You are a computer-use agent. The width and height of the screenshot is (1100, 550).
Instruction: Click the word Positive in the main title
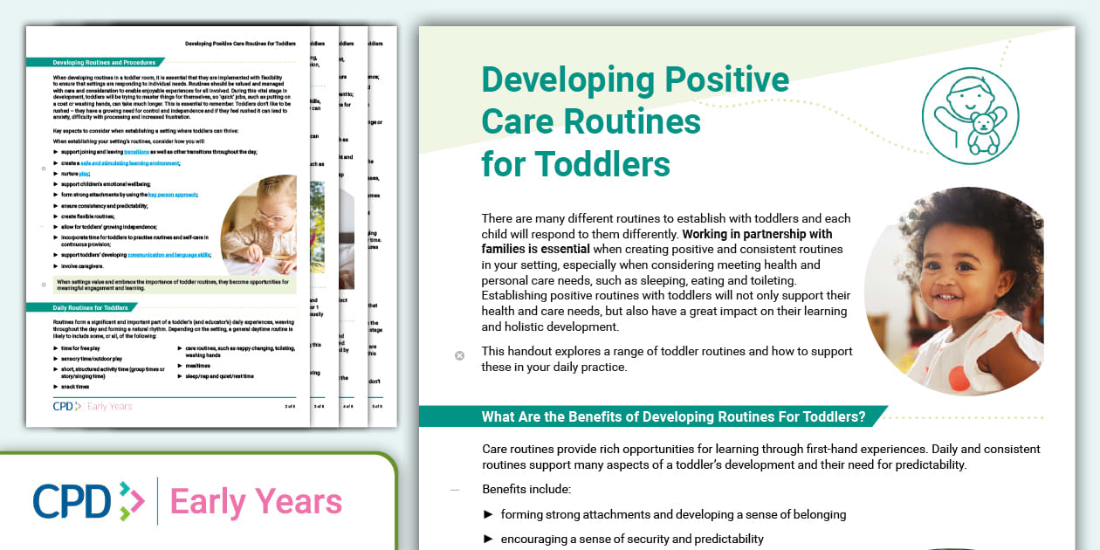[726, 80]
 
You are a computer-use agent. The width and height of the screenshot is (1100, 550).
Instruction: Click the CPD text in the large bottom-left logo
[72, 502]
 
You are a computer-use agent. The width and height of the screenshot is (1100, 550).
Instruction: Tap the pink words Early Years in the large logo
[256, 502]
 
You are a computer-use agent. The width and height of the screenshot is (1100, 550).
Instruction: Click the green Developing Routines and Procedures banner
[104, 63]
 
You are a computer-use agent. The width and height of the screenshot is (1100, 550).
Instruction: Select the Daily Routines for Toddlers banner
[90, 307]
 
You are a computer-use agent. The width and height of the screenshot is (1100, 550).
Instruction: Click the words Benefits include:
[526, 489]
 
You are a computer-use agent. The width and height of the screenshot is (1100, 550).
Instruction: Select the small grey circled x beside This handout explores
[459, 355]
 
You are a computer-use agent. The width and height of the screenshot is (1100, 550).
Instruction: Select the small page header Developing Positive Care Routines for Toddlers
[240, 43]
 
